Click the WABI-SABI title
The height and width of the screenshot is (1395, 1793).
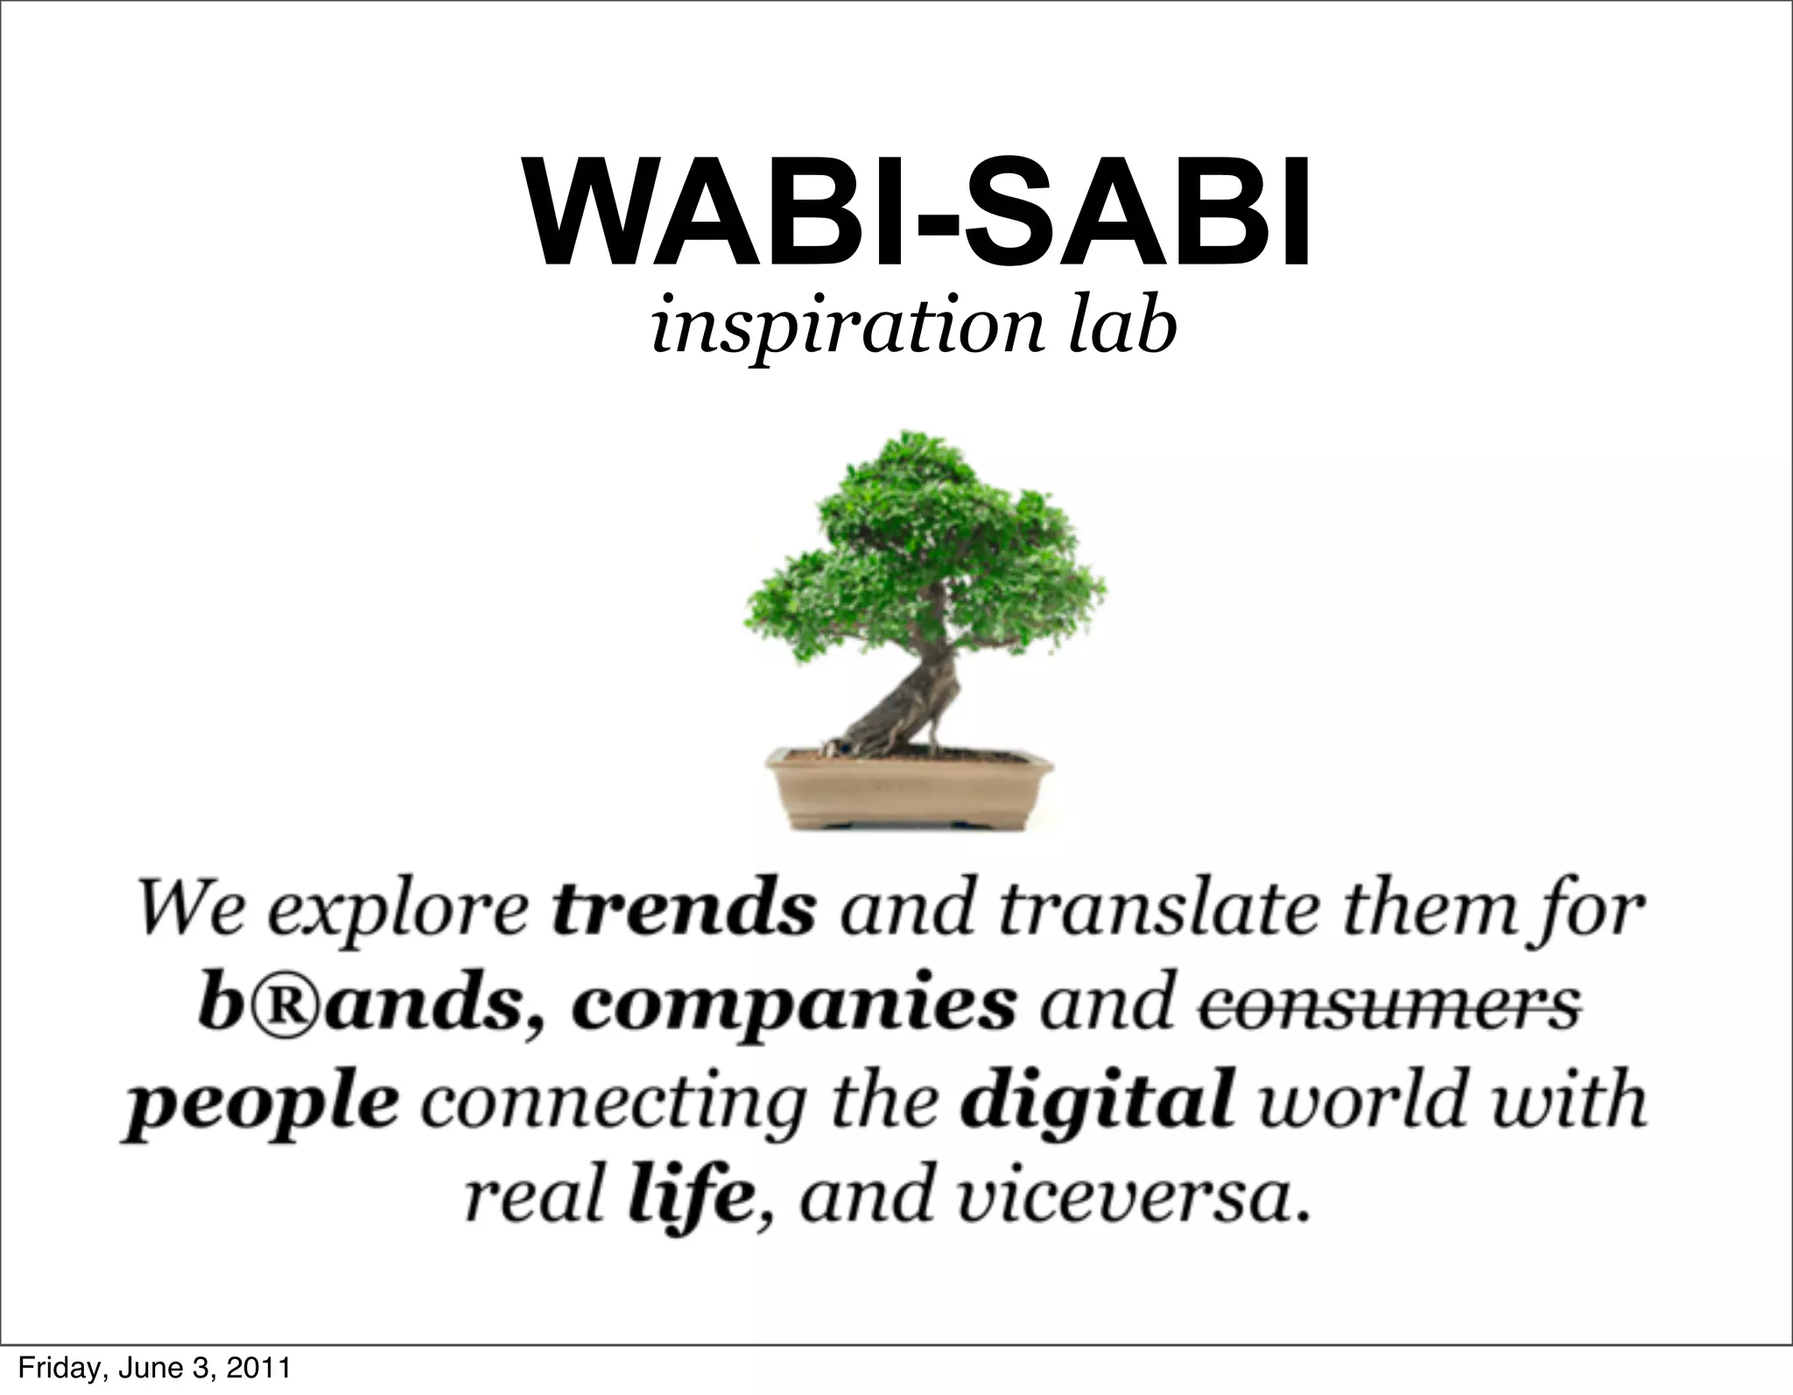(x=916, y=212)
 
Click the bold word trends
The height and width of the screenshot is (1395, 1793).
(x=684, y=911)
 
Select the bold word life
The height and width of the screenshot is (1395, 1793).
(x=690, y=1198)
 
